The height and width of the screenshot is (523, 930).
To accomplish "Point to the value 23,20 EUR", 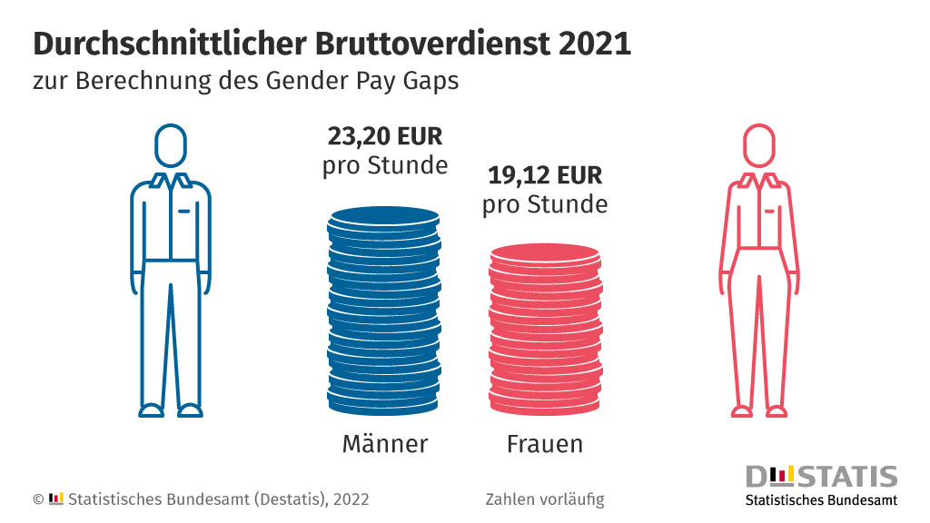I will pyautogui.click(x=384, y=138).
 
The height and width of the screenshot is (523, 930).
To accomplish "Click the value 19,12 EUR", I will pyautogui.click(x=544, y=175).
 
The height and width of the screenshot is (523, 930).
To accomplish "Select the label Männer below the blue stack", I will pyautogui.click(x=384, y=444).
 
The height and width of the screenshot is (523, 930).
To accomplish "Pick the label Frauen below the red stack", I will pyautogui.click(x=544, y=444).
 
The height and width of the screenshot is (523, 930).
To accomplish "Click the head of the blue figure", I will pyautogui.click(x=170, y=145).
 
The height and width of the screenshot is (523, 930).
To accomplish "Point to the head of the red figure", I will pyautogui.click(x=759, y=145).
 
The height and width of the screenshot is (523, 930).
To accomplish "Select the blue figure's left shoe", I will pyautogui.click(x=152, y=410).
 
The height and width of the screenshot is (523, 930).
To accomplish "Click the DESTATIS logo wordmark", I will pyautogui.click(x=821, y=477).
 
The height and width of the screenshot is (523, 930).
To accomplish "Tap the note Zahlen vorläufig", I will pyautogui.click(x=545, y=499).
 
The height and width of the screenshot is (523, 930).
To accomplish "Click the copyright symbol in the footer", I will pyautogui.click(x=38, y=499).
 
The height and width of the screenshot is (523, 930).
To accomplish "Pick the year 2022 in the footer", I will pyautogui.click(x=351, y=499).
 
